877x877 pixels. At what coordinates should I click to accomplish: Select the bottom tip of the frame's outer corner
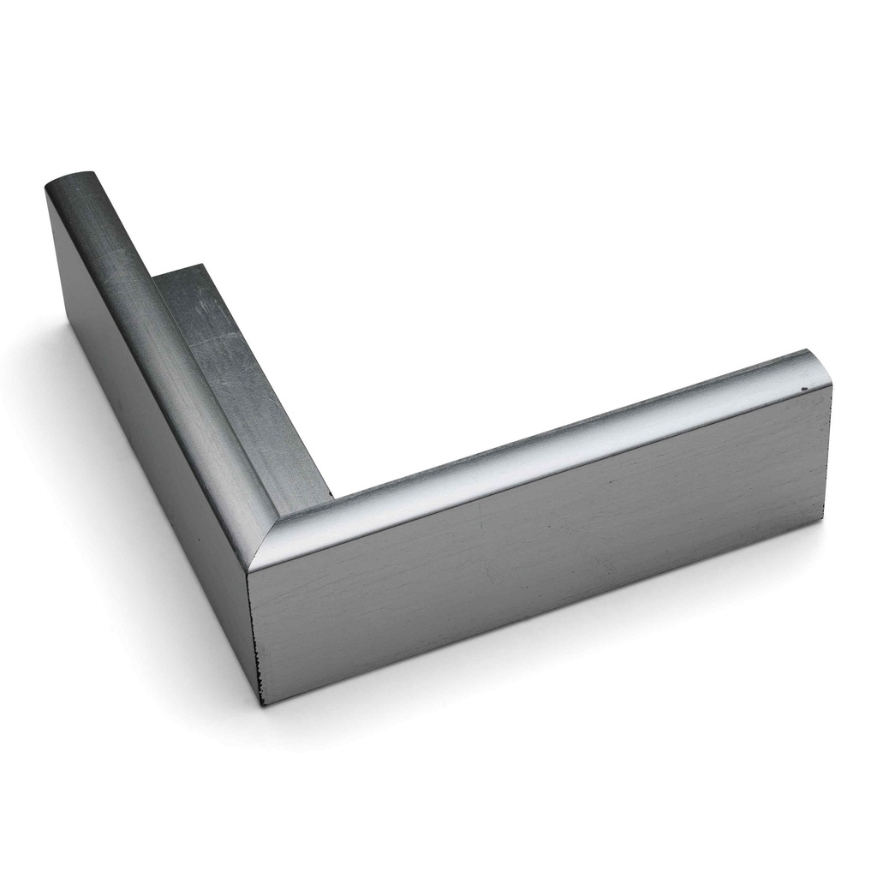click(x=262, y=704)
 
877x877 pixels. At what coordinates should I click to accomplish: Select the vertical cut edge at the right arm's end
click(x=829, y=462)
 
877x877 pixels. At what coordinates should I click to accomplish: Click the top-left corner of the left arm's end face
click(x=45, y=190)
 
